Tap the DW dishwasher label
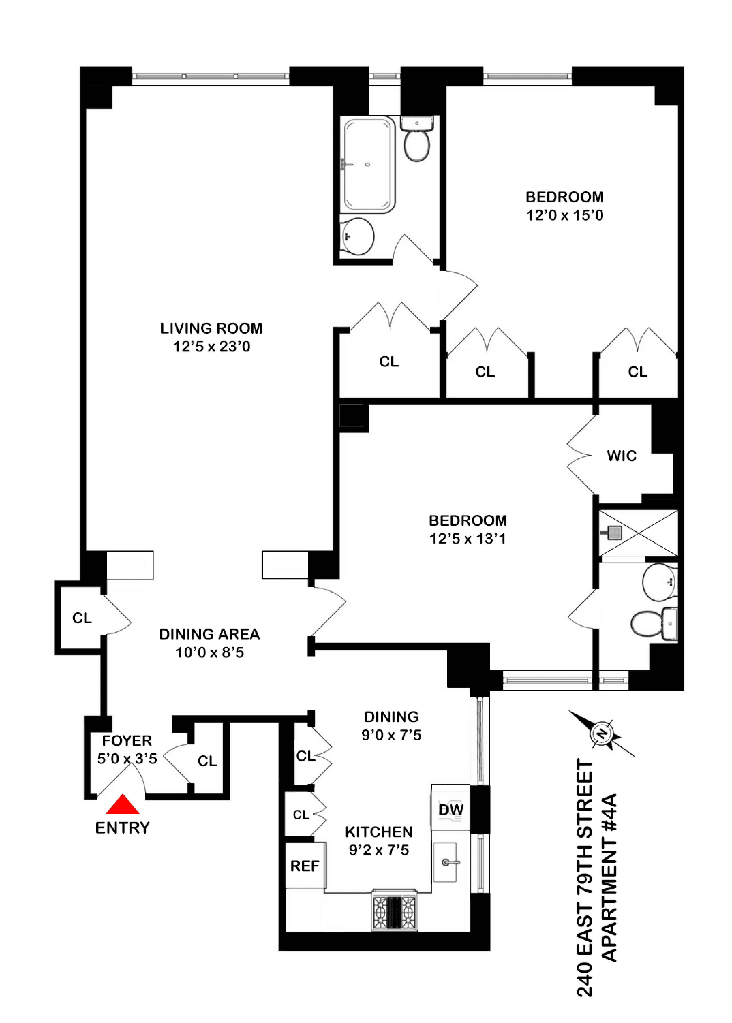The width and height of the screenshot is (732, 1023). (451, 810)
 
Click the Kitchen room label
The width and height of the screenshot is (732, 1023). (379, 832)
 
